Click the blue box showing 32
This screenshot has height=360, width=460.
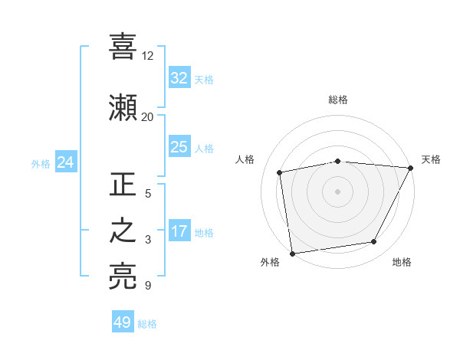coord(179,77)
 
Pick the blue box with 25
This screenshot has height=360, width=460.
coord(179,147)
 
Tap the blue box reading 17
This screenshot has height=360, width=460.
coord(179,231)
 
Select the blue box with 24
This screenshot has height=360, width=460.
coord(65,162)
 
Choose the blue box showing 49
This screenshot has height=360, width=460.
coord(123,322)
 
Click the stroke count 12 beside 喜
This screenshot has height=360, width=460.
coord(147,56)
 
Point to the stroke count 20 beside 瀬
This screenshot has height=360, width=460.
coord(147,116)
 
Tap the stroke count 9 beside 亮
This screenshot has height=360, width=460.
coord(147,286)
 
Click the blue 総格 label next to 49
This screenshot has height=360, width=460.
coord(147,324)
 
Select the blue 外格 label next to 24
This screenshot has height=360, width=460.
coord(41,163)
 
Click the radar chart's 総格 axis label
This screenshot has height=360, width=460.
coord(338,100)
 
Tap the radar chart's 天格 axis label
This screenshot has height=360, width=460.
coord(431,159)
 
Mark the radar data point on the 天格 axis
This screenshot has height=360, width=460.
coord(411,168)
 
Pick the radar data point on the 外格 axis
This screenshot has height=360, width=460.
coord(292,253)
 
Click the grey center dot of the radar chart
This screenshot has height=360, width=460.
coord(338,191)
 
